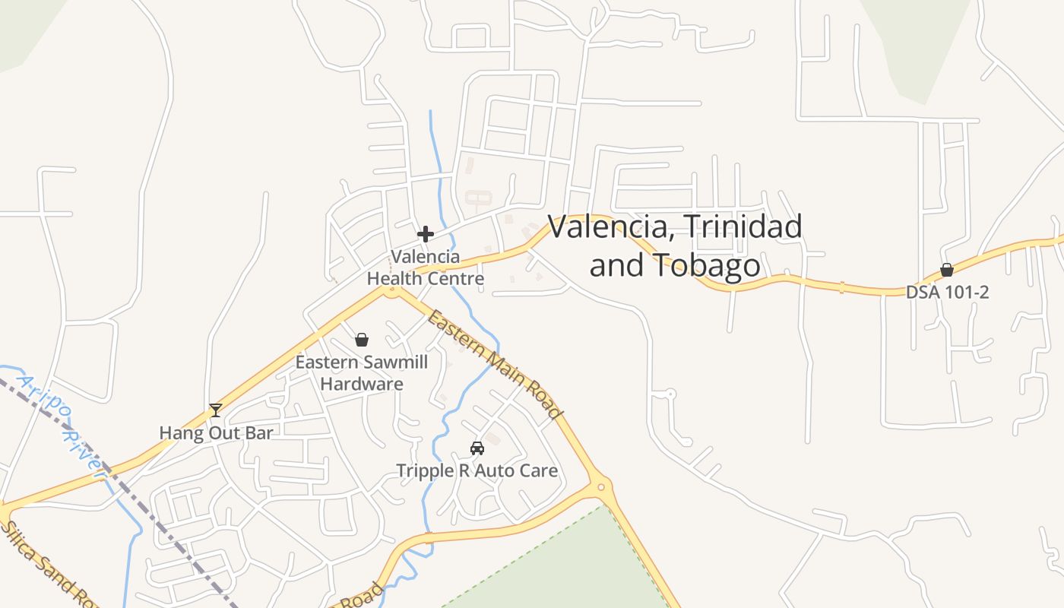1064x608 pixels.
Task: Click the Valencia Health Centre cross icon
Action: coord(426,233)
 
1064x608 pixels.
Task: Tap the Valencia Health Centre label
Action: coord(426,268)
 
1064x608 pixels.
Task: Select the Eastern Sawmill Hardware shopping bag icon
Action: coord(362,340)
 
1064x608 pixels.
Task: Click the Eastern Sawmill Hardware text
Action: coord(362,372)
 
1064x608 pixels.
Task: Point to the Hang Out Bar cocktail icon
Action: coord(216,410)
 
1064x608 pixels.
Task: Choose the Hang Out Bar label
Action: coord(216,433)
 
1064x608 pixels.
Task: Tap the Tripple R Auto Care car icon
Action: coord(477,448)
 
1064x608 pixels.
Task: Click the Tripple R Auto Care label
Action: coord(477,470)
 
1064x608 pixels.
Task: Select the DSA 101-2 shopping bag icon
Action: coord(947,270)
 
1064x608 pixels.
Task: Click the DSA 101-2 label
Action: coord(947,292)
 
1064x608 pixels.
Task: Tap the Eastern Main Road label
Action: coord(495,364)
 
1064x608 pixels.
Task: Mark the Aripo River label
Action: coord(62,426)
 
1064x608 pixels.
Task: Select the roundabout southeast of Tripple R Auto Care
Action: coord(601,486)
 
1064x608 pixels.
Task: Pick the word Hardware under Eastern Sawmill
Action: coord(362,384)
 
